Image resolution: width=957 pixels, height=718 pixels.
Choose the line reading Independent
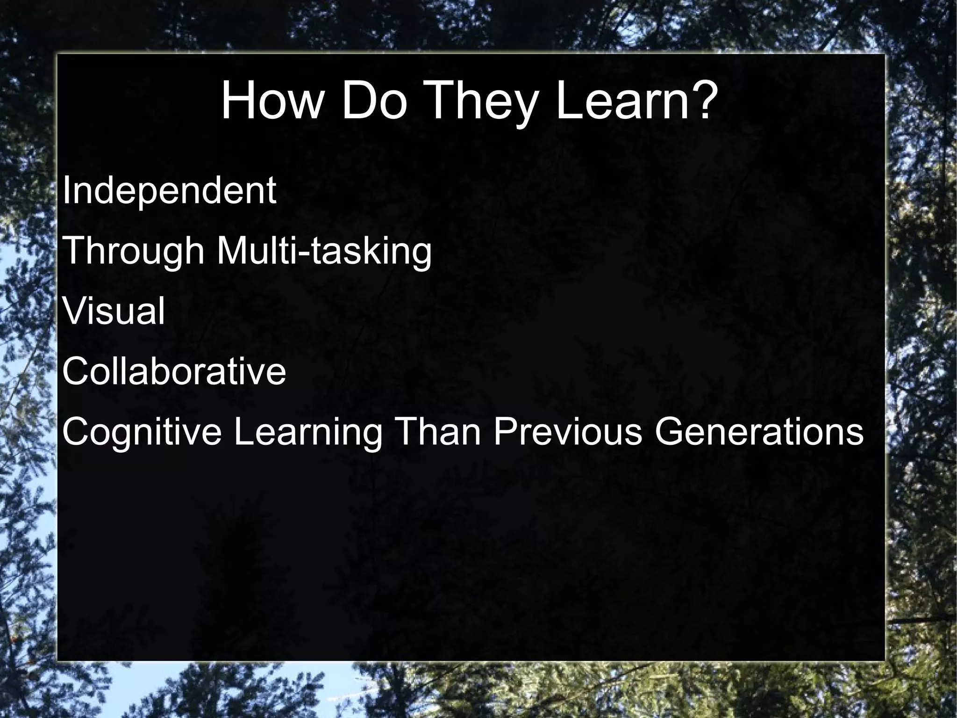169,191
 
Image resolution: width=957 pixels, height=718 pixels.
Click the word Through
133,251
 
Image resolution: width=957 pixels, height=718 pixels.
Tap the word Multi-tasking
324,251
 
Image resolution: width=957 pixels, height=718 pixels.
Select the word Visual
114,311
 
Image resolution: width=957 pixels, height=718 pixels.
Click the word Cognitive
142,432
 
